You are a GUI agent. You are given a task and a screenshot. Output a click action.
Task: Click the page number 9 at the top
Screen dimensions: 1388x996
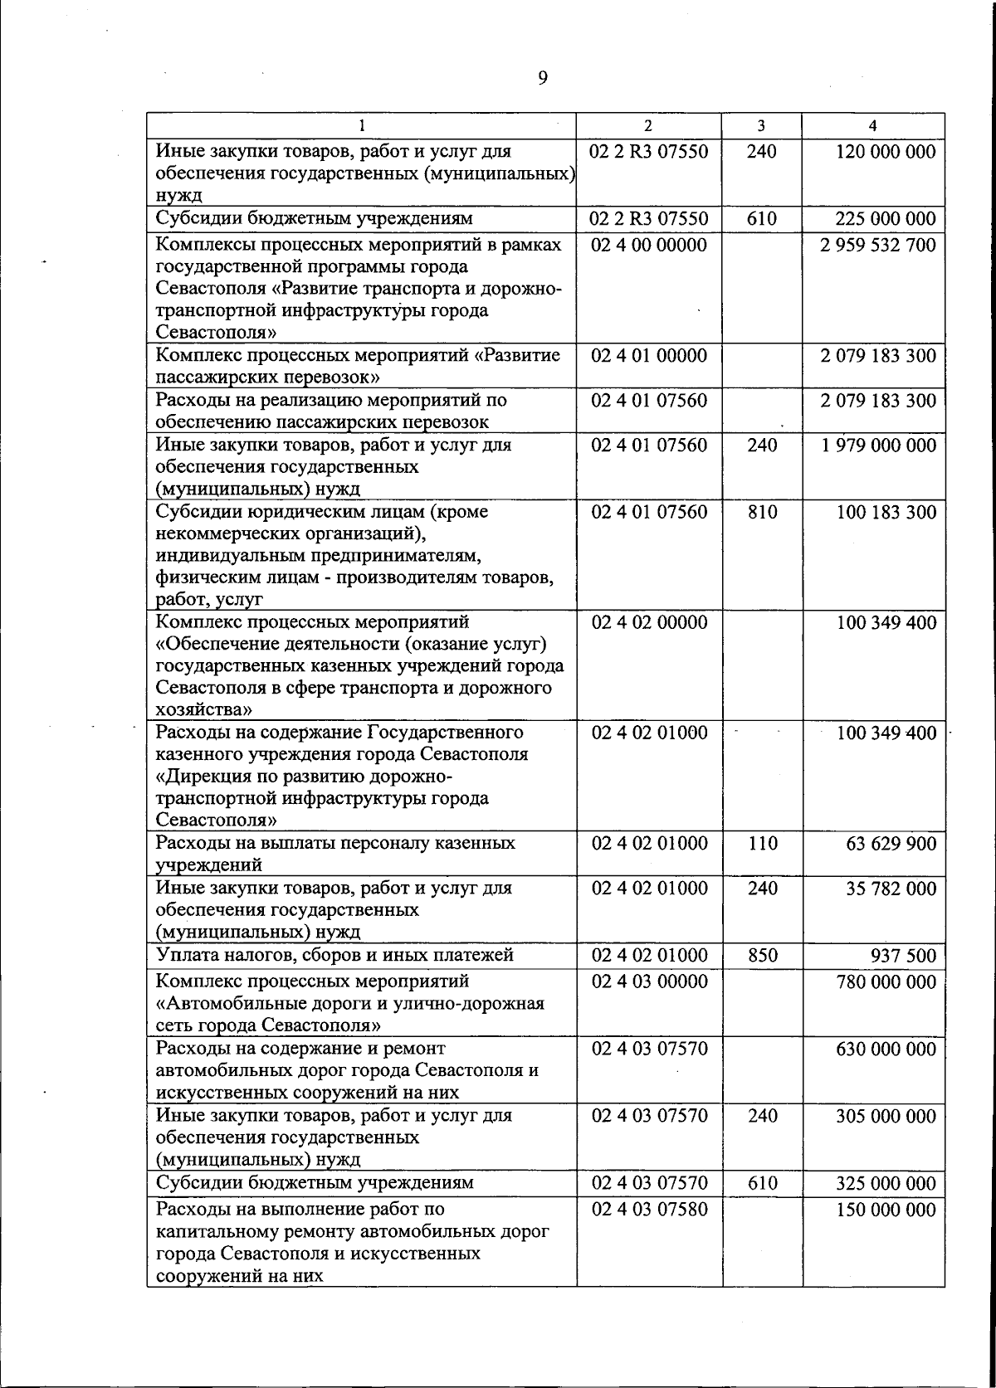[x=542, y=78]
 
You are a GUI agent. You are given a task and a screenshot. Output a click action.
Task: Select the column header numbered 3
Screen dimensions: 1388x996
[x=761, y=126]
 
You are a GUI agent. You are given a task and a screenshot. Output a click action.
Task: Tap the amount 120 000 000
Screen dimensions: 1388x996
[x=886, y=152]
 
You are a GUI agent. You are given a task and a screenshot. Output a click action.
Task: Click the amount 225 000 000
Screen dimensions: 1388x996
[x=886, y=219]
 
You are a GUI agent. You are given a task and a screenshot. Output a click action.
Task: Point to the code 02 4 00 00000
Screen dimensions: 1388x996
[x=649, y=246]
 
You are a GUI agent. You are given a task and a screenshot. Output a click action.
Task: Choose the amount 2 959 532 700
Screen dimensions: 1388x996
[x=878, y=246]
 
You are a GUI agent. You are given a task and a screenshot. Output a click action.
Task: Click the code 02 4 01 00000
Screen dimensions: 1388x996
[x=649, y=356]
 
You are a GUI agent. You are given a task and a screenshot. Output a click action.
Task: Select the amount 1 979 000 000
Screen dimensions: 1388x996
[x=878, y=446]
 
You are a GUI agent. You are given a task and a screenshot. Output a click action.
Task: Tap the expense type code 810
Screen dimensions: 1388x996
[x=762, y=512]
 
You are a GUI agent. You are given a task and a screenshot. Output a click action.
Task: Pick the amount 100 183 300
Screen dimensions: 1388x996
[x=886, y=512]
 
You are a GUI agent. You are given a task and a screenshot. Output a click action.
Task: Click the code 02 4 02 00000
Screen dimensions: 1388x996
[x=649, y=623]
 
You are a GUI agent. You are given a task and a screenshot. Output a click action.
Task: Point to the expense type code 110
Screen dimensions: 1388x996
[x=762, y=844]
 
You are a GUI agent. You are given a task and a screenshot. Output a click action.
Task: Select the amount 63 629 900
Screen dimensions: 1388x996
[x=891, y=844]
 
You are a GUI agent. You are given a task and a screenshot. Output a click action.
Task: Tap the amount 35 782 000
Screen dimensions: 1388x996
[x=891, y=889]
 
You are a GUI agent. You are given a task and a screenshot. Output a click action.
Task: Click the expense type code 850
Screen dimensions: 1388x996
[x=762, y=956]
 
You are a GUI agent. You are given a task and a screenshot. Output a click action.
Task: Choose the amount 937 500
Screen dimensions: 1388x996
[x=903, y=956]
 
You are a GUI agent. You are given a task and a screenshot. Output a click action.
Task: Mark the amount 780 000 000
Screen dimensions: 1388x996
[x=886, y=982]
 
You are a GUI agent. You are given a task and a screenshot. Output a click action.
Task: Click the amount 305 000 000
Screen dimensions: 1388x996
[x=886, y=1117]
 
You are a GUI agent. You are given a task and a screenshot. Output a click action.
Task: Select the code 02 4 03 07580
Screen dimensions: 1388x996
[x=649, y=1210]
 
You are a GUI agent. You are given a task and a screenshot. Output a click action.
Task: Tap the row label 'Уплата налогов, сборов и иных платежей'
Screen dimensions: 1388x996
[x=334, y=955]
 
